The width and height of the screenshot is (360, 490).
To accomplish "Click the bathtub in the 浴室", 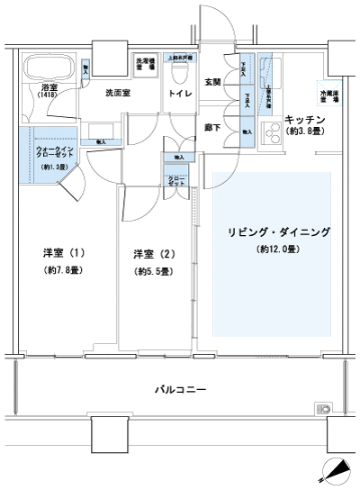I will point(47,68).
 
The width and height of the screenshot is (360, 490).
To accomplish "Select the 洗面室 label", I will point(118,94).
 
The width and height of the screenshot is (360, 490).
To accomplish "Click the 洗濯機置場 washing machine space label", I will point(143,65).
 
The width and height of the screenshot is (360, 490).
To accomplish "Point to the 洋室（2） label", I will point(149,253).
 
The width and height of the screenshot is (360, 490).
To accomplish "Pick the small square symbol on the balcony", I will point(322,410).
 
